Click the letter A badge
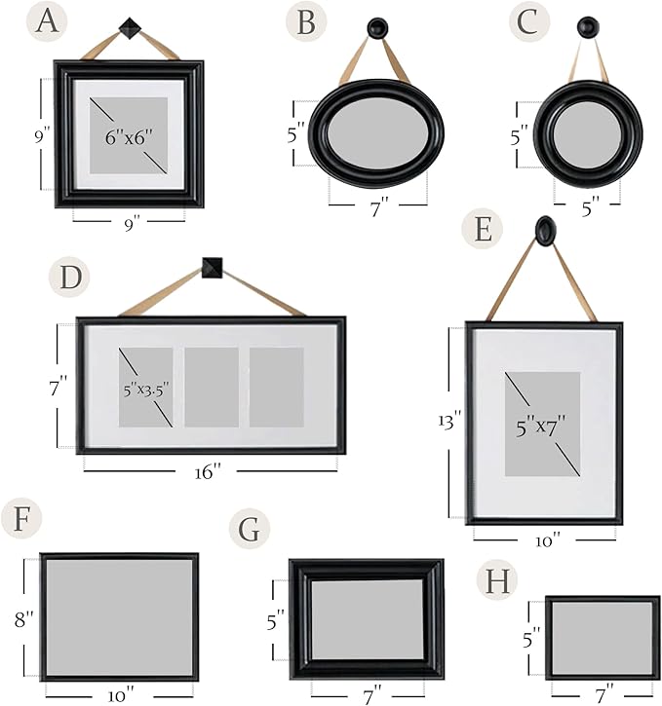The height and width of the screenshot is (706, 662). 48,21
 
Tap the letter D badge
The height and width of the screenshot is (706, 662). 69,277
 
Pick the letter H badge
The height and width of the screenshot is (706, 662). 497,580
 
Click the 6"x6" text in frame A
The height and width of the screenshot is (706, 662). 129,137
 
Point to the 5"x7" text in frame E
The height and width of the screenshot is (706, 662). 541,426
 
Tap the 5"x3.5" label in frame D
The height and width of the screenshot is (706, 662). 146,389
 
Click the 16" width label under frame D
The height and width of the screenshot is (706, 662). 208,472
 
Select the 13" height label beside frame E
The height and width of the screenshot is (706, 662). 449,422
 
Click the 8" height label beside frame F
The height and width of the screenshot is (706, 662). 23,618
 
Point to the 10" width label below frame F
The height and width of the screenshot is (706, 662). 121,695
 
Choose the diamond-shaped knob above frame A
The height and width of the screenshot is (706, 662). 130,28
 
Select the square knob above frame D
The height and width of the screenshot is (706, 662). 212,268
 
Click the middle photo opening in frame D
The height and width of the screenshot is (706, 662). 212,387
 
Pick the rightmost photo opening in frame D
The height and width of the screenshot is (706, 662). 277,387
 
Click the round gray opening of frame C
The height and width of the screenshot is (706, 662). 588,133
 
